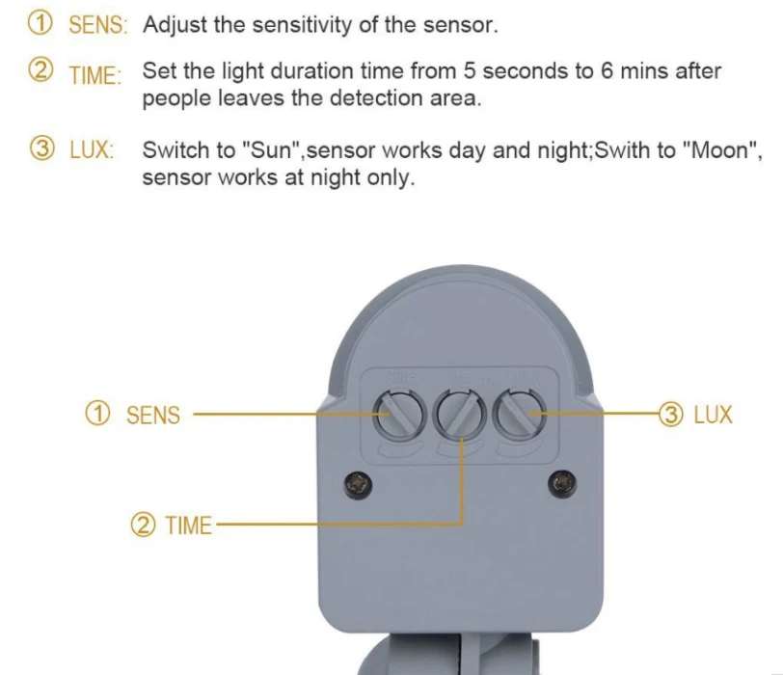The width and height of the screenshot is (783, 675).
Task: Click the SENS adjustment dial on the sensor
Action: pos(398,416)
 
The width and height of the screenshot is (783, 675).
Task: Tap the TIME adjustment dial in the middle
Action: pos(459,415)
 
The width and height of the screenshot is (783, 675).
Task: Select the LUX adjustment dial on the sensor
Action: pos(520,415)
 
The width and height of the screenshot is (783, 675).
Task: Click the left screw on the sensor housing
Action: pos(358,484)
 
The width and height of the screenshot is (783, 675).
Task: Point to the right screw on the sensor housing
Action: pos(562,483)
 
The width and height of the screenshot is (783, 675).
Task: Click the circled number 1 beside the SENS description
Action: pos(40,23)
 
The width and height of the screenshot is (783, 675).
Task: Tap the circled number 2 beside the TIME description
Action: pos(40,70)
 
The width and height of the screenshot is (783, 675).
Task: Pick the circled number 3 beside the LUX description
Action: pos(41,148)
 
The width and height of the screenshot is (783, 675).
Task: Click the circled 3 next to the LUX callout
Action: pos(670,415)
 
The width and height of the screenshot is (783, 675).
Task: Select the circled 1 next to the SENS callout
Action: pos(97,414)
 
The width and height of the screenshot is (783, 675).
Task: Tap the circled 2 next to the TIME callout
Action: pos(143,525)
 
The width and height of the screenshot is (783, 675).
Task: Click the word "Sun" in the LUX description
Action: pos(270,149)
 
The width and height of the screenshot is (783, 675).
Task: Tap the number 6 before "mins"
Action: pos(607,71)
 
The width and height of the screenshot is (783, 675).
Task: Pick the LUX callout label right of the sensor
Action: pos(714,415)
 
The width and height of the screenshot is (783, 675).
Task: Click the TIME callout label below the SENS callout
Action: pos(188,526)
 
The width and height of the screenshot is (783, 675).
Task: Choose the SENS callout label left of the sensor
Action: pos(152,416)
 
